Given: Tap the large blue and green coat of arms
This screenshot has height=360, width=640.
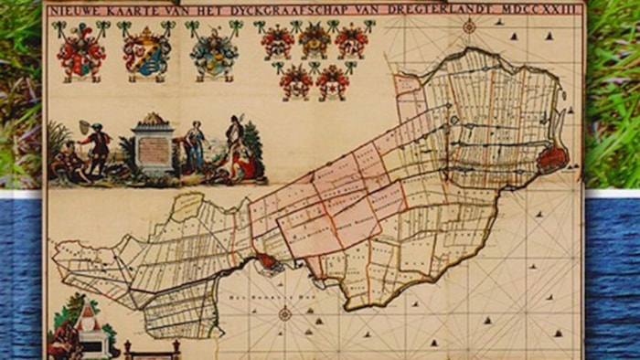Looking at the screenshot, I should point(213,52).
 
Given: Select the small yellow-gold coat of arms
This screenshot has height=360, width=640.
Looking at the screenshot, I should point(314,40).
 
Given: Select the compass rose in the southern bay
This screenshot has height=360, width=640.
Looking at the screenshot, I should point(284,313).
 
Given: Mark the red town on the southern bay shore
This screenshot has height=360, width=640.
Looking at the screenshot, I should point(266,263).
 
